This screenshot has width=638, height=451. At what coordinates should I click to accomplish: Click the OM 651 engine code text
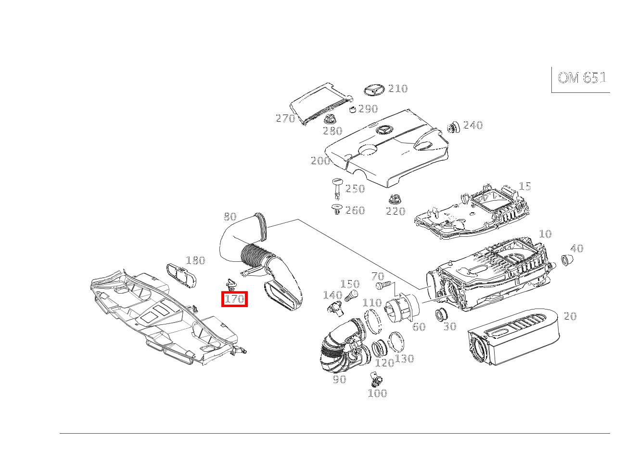pos(582,77)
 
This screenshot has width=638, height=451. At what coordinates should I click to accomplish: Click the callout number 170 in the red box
pos(234,299)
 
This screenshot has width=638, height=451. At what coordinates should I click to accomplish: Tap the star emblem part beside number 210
pos(374,90)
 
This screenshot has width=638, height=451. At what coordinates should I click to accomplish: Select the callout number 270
pos(285,118)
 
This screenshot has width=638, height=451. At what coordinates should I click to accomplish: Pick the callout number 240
pos(473,125)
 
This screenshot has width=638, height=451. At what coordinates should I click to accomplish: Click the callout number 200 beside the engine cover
pos(320,161)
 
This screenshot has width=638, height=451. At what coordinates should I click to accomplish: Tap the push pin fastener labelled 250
pos(337,189)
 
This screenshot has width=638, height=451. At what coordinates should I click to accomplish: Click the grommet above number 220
pos(395,200)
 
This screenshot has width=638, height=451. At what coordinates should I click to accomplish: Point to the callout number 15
pos(525,186)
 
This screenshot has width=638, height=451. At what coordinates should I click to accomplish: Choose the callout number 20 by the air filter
pos(570,316)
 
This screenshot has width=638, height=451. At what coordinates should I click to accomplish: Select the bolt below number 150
pos(351,296)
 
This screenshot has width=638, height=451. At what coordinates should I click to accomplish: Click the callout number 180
pos(195,260)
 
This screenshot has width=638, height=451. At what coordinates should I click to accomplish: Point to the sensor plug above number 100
pos(376,379)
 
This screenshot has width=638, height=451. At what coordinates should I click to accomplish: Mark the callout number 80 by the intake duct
pos(230,217)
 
